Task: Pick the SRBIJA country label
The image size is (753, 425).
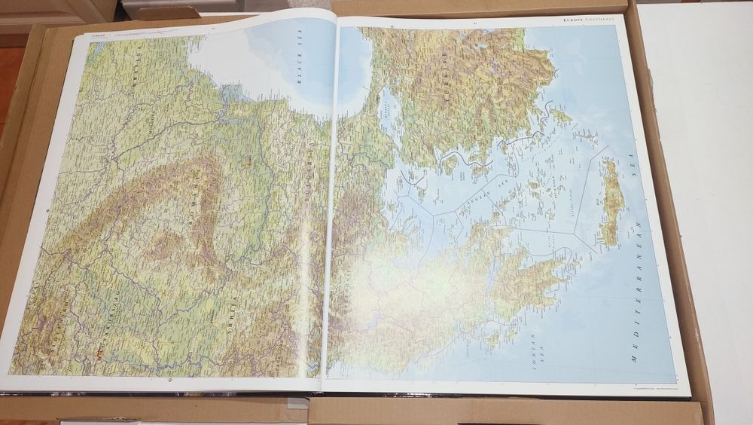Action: click(x=234, y=308)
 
